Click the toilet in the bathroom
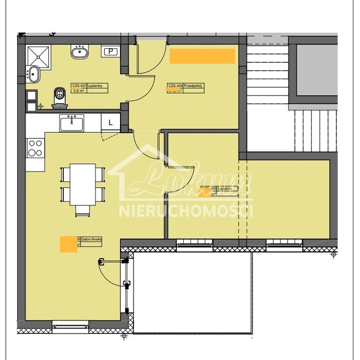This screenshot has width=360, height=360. pyautogui.click(x=60, y=96)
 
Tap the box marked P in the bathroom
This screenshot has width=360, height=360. pyautogui.click(x=111, y=52)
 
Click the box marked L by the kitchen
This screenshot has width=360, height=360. pyautogui.click(x=111, y=122)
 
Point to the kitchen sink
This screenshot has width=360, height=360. pyautogui.click(x=72, y=124)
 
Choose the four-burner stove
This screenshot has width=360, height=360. pyautogui.click(x=35, y=148)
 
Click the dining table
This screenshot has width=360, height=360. pyautogui.click(x=83, y=184)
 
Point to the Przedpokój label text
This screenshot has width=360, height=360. pyautogui.click(x=192, y=86)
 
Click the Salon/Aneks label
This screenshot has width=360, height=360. pyautogui.click(x=91, y=239)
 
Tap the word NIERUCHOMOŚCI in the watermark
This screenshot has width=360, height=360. pyautogui.click(x=186, y=211)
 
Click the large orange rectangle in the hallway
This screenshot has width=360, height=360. pyautogui.click(x=202, y=56)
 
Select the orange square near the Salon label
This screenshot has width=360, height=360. pyautogui.click(x=68, y=245)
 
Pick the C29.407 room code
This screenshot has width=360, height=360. pyautogui.click(x=78, y=86)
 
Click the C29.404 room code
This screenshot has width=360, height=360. pyautogui.click(x=175, y=86)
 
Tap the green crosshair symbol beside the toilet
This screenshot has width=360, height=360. pyautogui.click(x=41, y=106)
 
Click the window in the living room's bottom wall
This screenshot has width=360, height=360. pyautogui.click(x=70, y=324)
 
